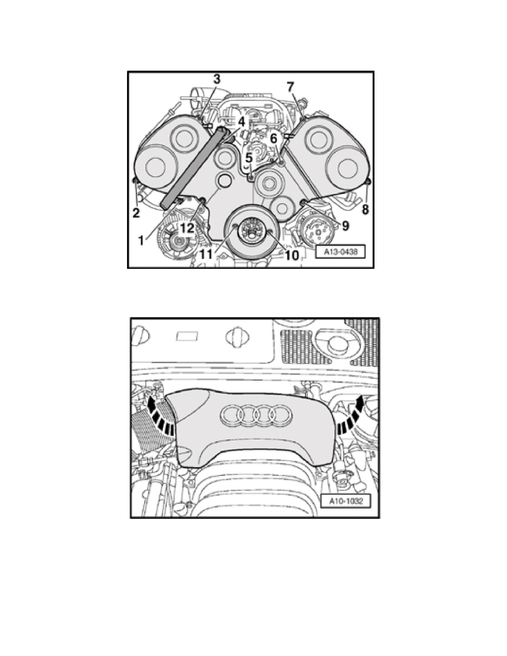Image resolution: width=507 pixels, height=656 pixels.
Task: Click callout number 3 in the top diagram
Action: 216,80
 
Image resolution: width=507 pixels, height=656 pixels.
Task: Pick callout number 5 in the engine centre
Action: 249,158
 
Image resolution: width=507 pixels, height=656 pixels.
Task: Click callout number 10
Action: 291,255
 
